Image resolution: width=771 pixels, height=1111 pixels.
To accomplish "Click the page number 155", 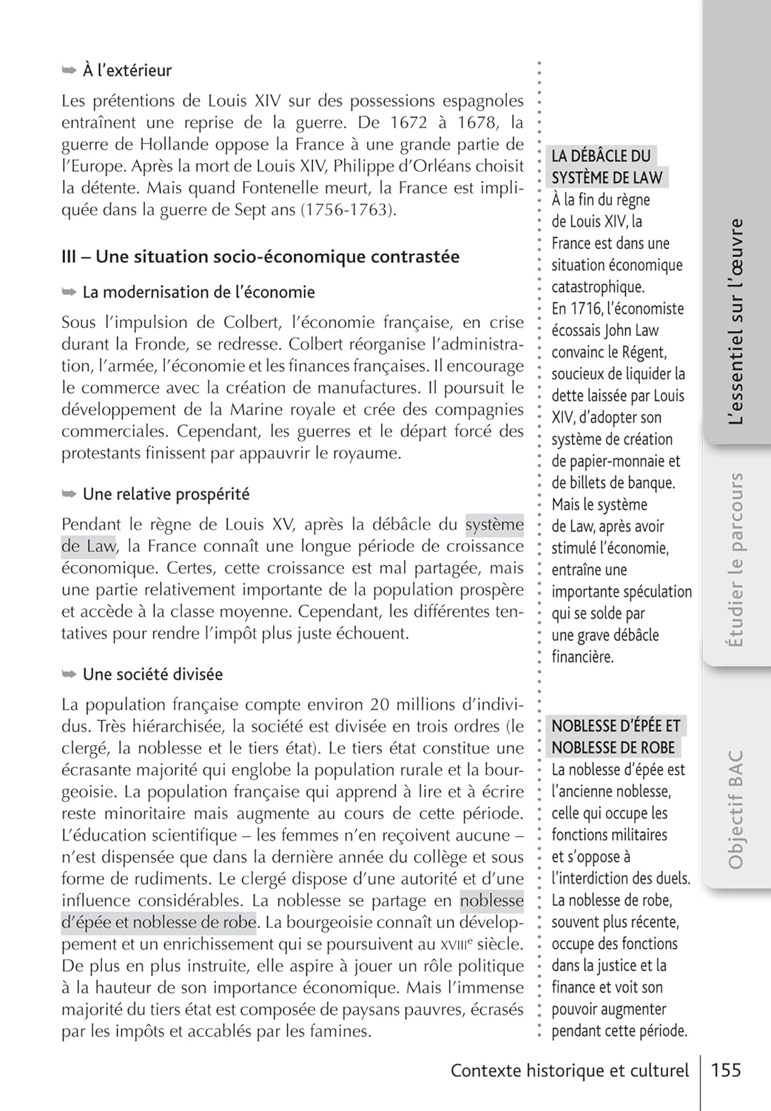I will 725,1070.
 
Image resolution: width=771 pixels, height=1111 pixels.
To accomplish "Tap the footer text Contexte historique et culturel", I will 569,1070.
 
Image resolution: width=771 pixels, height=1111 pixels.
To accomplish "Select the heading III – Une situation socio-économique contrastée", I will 260,257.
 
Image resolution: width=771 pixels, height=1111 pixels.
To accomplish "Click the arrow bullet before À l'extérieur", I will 69,70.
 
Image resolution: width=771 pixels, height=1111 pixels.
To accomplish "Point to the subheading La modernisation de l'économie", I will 198,293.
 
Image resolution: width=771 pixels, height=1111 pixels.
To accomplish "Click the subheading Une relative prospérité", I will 166,494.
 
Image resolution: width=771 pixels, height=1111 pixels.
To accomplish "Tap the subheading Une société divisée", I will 152,674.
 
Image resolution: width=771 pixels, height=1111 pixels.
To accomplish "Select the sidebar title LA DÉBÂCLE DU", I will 601,156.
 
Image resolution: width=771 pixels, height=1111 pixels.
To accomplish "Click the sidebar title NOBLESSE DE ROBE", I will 613,747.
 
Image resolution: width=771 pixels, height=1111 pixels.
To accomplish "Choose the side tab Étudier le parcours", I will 735,560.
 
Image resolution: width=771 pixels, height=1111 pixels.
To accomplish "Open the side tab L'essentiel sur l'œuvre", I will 735,321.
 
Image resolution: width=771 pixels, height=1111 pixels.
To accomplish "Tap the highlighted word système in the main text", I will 494,524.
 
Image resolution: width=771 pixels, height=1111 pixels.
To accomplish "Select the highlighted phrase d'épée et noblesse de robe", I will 158,923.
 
